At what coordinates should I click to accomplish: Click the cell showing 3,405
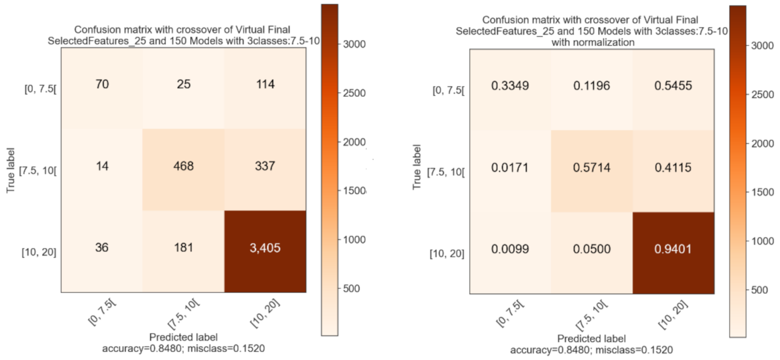265,248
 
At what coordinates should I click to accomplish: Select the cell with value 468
184,166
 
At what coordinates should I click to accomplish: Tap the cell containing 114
265,84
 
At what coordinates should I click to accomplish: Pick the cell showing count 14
102,166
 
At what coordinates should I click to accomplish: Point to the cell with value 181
184,248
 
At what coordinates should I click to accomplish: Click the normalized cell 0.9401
672,249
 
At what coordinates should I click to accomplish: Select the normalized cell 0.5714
592,167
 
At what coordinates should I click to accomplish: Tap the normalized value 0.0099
510,249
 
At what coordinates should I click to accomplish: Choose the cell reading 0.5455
672,86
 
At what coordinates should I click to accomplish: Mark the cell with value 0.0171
510,167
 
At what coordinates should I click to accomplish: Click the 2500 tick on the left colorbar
354,93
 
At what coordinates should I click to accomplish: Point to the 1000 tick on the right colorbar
762,241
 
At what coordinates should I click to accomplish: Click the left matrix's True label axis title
10,170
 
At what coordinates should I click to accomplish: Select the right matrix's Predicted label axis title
592,339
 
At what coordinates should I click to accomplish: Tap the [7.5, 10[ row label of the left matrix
38,171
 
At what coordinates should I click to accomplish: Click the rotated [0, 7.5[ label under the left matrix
102,312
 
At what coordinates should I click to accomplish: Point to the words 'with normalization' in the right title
592,43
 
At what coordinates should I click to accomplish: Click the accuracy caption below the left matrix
183,349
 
